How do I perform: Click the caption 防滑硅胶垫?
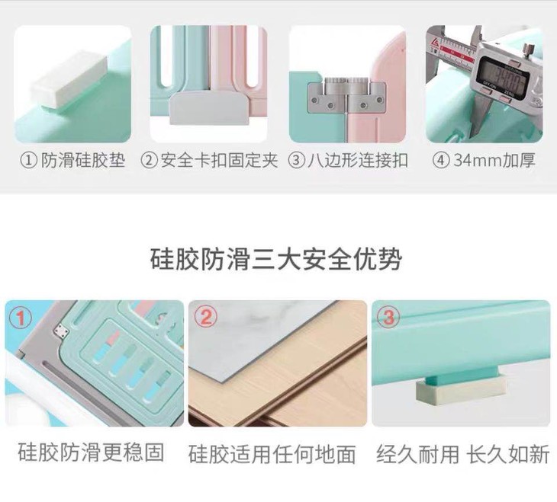pyautogui.click(x=83, y=161)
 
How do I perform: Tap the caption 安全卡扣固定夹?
pyautogui.click(x=219, y=161)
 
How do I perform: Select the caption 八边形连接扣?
pyautogui.click(x=357, y=161)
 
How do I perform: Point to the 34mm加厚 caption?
pyautogui.click(x=494, y=161)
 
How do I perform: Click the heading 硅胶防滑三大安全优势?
pyautogui.click(x=275, y=259)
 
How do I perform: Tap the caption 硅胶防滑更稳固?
pyautogui.click(x=91, y=452)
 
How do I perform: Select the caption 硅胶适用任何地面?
pyautogui.click(x=272, y=454)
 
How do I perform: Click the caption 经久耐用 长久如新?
pyautogui.click(x=463, y=454)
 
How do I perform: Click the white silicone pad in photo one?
pyautogui.click(x=69, y=79)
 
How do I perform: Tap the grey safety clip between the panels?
pyautogui.click(x=208, y=108)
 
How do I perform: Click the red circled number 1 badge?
pyautogui.click(x=21, y=318)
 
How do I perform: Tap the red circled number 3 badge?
pyautogui.click(x=388, y=316)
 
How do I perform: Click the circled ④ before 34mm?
pyautogui.click(x=441, y=161)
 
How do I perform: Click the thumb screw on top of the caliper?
pyautogui.click(x=530, y=49)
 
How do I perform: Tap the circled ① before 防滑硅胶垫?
pyautogui.click(x=28, y=161)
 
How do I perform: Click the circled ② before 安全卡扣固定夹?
pyautogui.click(x=149, y=161)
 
